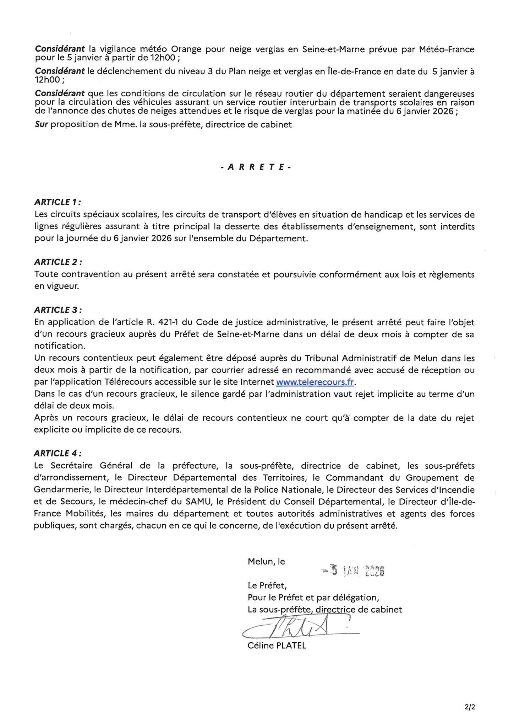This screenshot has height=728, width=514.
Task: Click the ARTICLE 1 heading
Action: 57,202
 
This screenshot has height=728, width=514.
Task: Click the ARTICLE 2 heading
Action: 58,262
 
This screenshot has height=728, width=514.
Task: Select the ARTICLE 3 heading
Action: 58,310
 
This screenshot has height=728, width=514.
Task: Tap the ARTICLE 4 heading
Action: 58,453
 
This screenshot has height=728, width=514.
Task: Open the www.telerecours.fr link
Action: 315,382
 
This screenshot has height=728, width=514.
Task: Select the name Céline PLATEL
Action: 277,646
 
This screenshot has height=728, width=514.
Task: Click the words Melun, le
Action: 266,562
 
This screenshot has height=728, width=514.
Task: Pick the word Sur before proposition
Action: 42,125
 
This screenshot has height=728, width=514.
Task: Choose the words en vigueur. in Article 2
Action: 56,286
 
